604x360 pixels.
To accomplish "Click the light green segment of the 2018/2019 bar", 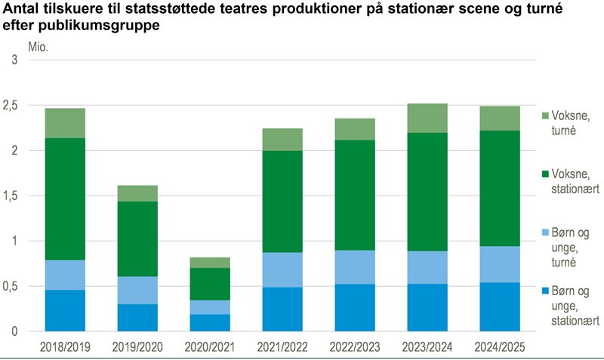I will tap(65, 123).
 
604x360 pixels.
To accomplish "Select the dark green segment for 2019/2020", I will tap(137, 238).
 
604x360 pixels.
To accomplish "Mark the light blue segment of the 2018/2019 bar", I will tap(65, 275).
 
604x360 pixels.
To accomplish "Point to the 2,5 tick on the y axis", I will tap(17, 106).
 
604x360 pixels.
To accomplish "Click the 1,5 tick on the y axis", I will tap(17, 196).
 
